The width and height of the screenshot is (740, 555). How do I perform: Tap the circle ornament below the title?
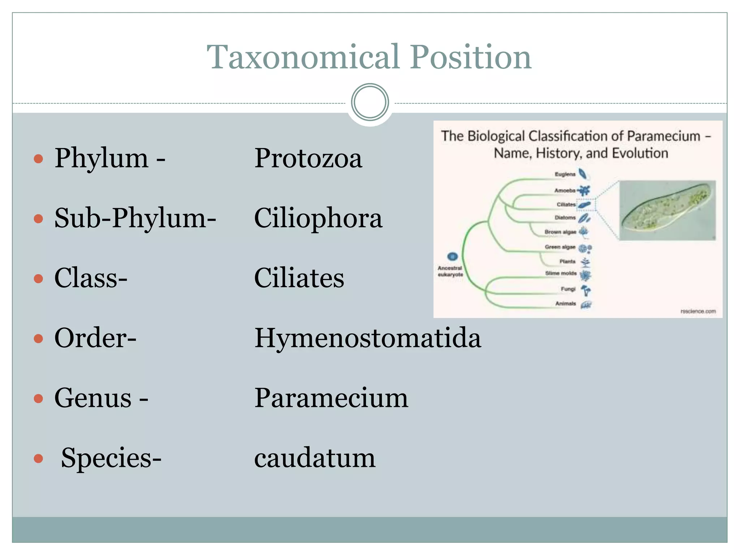click(370, 102)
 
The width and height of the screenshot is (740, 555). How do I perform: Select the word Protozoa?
click(308, 158)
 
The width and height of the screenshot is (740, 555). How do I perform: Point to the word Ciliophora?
click(318, 218)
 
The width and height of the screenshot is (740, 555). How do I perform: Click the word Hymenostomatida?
click(367, 338)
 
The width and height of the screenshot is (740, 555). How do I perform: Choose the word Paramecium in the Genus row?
click(331, 398)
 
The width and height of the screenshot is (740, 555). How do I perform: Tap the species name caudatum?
click(314, 458)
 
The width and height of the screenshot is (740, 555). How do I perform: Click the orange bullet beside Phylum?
click(38, 159)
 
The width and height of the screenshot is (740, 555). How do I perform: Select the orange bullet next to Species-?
click(38, 459)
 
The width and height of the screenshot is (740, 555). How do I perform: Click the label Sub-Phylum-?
click(135, 218)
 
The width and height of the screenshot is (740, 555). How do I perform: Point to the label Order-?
click(95, 338)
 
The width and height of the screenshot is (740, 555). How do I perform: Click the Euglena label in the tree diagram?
click(565, 174)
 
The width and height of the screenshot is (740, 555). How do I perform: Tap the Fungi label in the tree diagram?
click(568, 289)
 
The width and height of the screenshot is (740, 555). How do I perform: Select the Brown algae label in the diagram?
click(560, 232)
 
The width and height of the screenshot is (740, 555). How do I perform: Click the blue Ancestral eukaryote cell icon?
click(452, 257)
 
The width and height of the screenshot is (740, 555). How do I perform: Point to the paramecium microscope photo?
click(667, 210)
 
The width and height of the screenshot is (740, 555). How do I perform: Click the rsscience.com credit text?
click(698, 311)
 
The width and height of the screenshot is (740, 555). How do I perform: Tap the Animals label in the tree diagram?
click(565, 304)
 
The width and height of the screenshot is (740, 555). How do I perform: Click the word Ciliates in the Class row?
click(299, 278)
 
